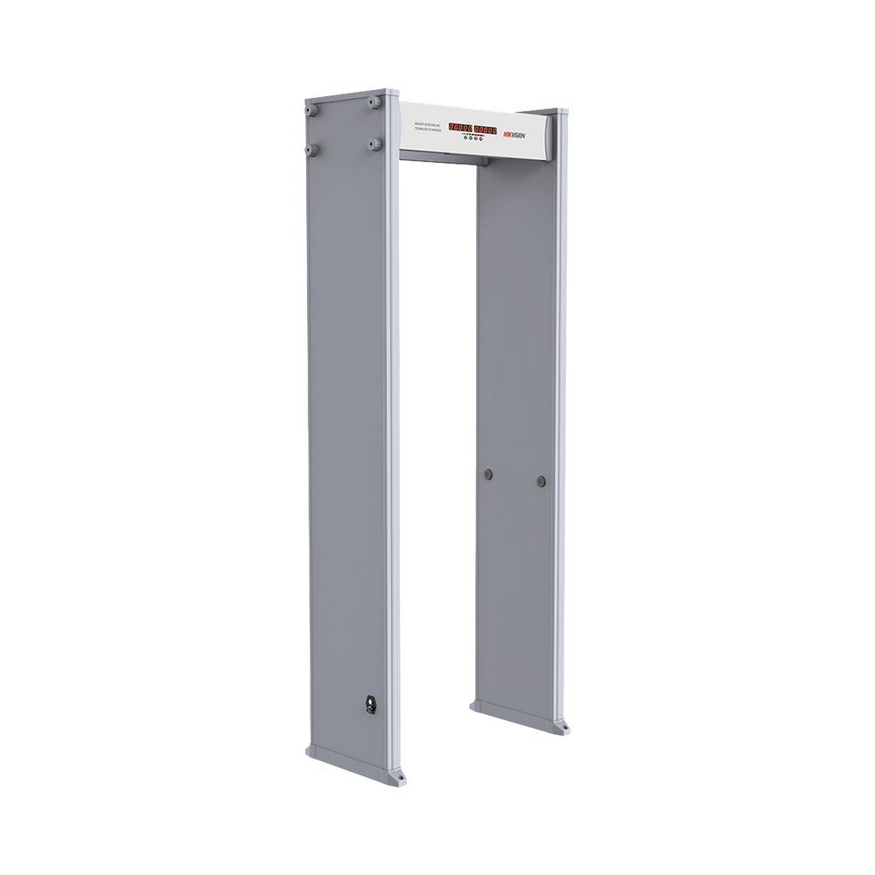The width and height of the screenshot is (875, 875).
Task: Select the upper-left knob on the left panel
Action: click(311, 111)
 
